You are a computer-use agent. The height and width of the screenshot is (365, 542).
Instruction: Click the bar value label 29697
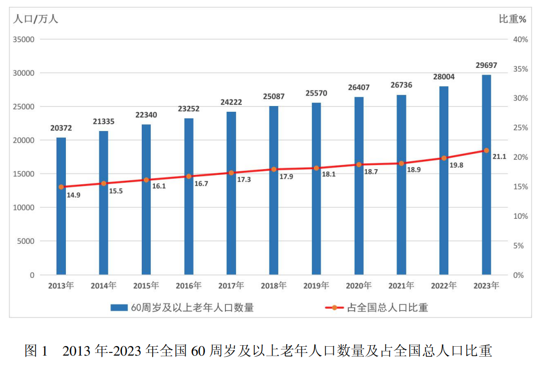487,66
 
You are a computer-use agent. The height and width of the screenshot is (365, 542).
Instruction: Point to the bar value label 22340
146,115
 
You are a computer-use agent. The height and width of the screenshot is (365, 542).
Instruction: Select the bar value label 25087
274,97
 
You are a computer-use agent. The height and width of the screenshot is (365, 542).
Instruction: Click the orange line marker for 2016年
189,176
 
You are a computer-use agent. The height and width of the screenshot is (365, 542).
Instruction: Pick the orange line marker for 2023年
487,150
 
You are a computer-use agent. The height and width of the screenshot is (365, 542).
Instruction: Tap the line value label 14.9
73,195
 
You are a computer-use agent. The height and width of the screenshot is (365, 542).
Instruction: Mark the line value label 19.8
456,165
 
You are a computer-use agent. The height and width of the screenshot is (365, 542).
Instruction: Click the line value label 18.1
328,174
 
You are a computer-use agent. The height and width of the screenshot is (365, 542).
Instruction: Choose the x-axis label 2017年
231,286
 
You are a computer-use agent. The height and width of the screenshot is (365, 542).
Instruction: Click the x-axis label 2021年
401,286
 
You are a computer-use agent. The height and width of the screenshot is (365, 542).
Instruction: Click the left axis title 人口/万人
36,19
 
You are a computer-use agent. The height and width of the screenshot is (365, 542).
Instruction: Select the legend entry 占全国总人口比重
388,308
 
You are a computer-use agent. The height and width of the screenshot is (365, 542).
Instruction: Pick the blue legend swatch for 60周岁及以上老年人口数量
120,308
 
